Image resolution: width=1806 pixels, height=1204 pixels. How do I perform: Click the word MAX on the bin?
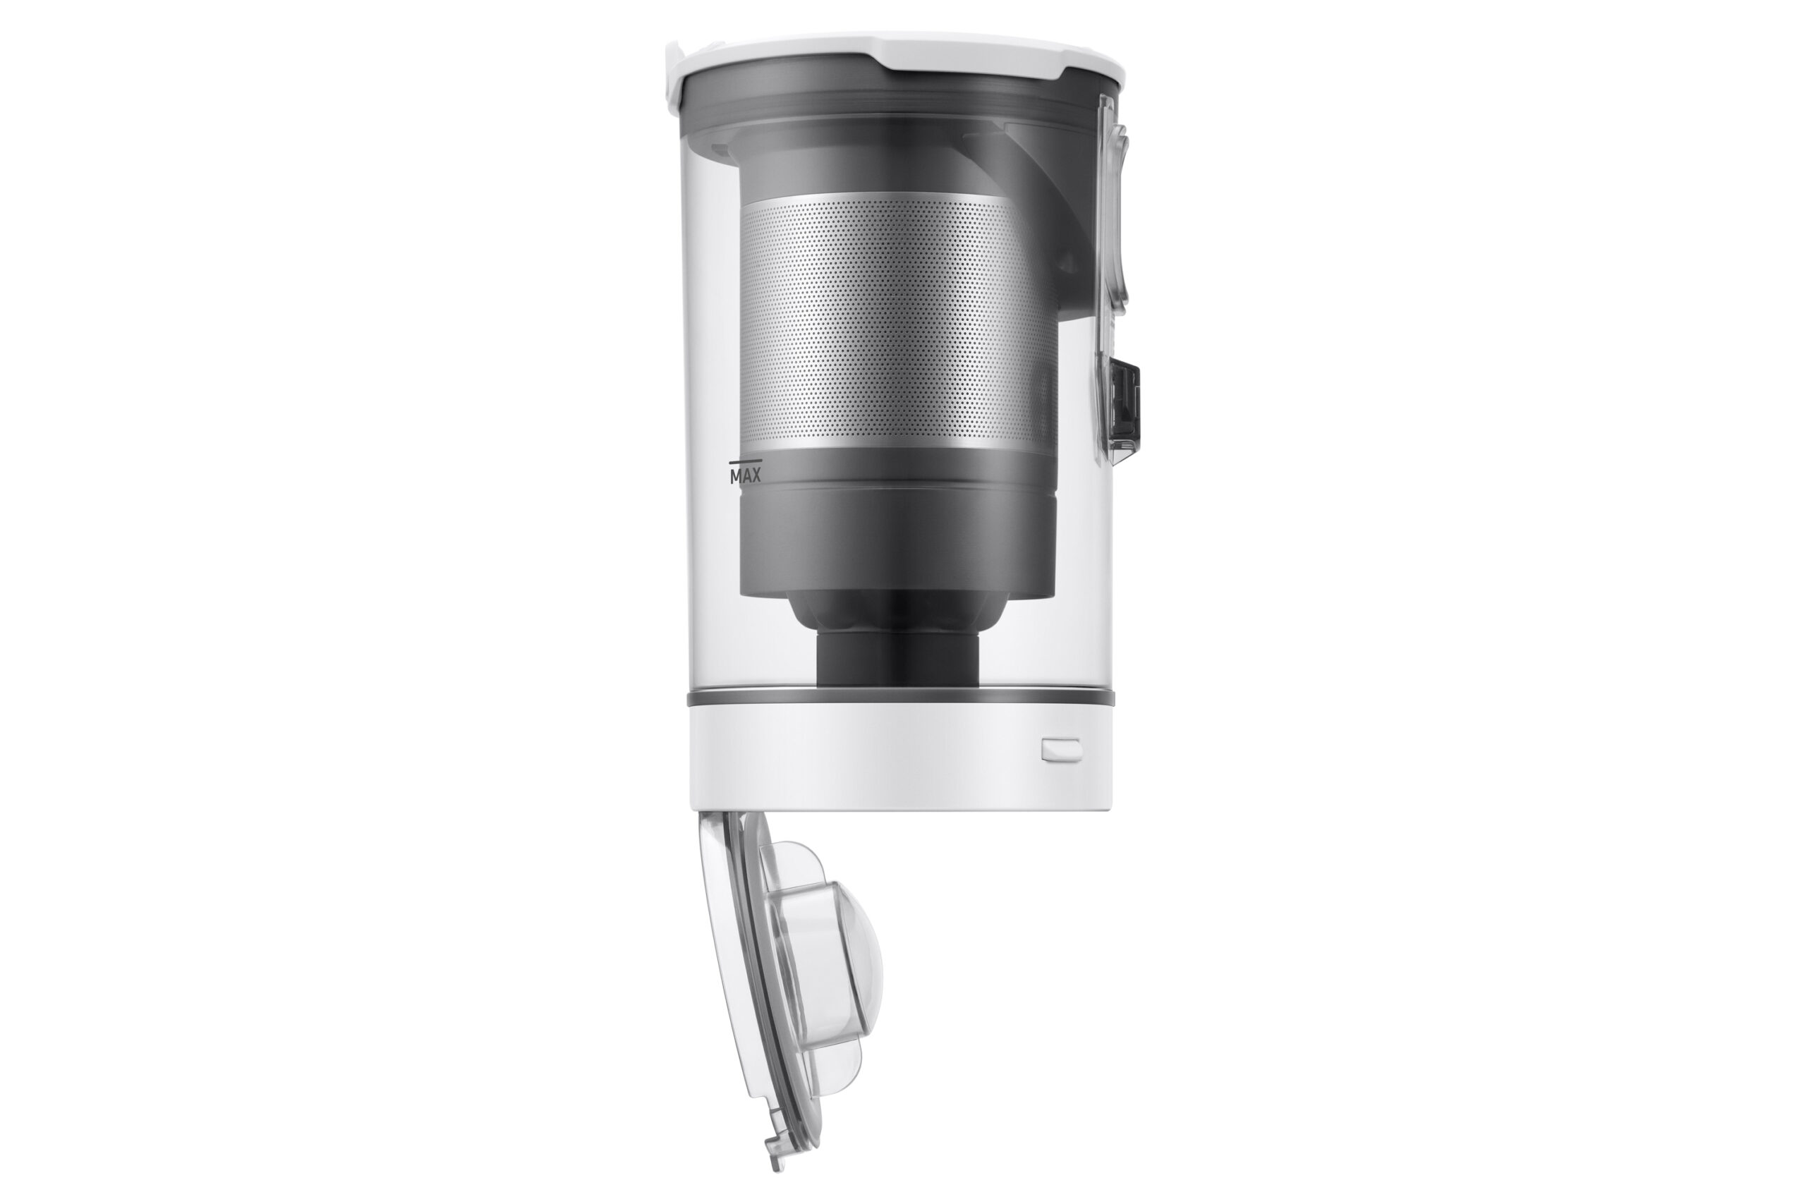pyautogui.click(x=745, y=477)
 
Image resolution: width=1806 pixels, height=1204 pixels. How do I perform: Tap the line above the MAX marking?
pyautogui.click(x=745, y=462)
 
